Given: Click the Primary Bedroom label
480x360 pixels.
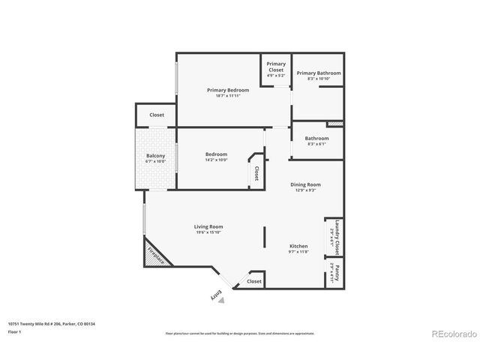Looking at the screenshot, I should pyautogui.click(x=228, y=90).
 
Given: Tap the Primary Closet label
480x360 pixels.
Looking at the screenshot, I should pyautogui.click(x=276, y=67).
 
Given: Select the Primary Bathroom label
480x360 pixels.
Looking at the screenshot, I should pyautogui.click(x=318, y=73).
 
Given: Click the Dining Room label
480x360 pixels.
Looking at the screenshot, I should pyautogui.click(x=305, y=184).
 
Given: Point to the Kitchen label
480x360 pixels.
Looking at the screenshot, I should pyautogui.click(x=299, y=246).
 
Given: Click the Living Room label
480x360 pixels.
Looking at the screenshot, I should pyautogui.click(x=208, y=226).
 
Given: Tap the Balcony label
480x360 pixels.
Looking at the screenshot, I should pyautogui.click(x=155, y=155).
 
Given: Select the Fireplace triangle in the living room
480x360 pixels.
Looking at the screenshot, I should pyautogui.click(x=155, y=254).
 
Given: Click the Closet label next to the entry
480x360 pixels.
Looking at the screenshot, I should pyautogui.click(x=254, y=281).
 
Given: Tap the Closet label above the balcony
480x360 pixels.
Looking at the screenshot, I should pyautogui.click(x=157, y=115).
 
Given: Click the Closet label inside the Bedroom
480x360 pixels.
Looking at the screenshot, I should pyautogui.click(x=256, y=173).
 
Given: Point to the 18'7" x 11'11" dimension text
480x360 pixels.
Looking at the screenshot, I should pyautogui.click(x=228, y=96).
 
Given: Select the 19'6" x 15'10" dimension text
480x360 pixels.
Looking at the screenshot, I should pyautogui.click(x=208, y=232).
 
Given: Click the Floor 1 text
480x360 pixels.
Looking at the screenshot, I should pyautogui.click(x=14, y=331).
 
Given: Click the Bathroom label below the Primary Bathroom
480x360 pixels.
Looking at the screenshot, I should pyautogui.click(x=316, y=138).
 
